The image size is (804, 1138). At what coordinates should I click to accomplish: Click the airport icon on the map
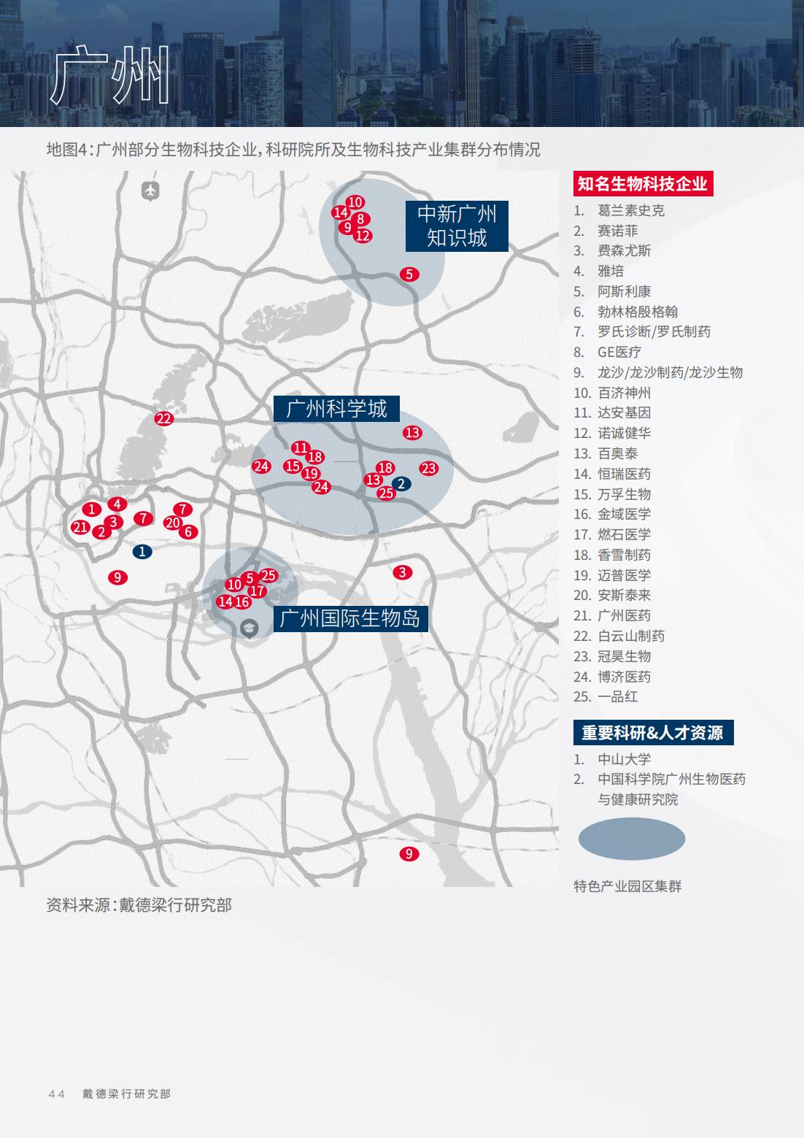click(x=150, y=191)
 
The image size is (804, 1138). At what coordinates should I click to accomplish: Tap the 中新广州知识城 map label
click(x=457, y=226)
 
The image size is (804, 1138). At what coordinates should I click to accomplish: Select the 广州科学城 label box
click(x=336, y=409)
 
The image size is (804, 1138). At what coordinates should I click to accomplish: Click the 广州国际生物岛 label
click(x=350, y=619)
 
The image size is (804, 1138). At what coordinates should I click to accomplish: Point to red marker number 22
click(x=163, y=419)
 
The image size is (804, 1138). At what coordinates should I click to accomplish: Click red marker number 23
click(x=429, y=469)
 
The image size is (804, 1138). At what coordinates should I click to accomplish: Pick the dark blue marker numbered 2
click(x=401, y=484)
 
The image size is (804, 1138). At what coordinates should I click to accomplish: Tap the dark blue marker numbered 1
click(x=142, y=552)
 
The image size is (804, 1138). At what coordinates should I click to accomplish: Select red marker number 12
click(x=363, y=236)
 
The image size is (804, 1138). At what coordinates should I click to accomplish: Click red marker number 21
click(x=80, y=527)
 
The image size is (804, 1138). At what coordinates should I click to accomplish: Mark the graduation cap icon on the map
click(x=250, y=628)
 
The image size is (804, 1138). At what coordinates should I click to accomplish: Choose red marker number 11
click(x=300, y=448)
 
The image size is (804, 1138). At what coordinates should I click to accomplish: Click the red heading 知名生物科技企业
click(x=643, y=184)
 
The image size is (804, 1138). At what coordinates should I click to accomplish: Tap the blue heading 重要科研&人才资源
click(x=653, y=733)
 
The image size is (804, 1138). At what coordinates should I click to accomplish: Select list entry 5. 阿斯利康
click(x=624, y=292)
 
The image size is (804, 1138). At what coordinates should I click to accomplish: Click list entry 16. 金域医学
click(x=624, y=515)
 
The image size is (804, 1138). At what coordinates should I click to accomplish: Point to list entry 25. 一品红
click(x=617, y=697)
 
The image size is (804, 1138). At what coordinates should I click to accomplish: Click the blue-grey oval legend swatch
click(x=632, y=839)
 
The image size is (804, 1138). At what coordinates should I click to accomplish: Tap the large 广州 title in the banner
click(x=110, y=74)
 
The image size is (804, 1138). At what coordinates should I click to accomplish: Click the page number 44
click(x=56, y=1094)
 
